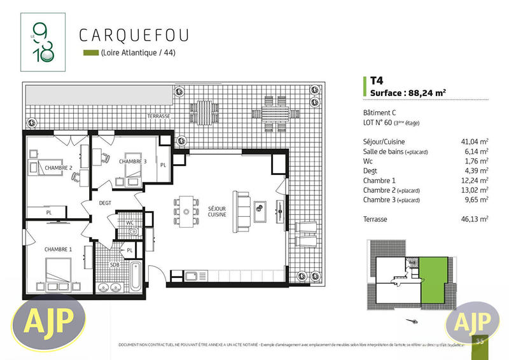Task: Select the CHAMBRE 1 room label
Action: coord(58,249)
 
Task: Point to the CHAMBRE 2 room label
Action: coord(59,168)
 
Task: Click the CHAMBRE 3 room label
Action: coord(132,162)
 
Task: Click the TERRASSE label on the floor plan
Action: coord(158,116)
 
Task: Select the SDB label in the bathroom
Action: coord(114,264)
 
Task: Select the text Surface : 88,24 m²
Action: coord(408,93)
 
